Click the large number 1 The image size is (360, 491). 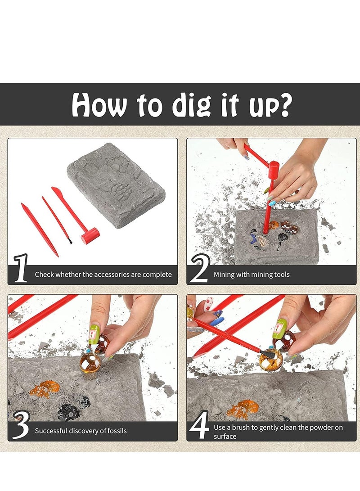click(21, 269)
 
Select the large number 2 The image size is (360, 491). click(199, 269)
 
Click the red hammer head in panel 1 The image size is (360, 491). click(90, 235)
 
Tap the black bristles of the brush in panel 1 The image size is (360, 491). click(70, 241)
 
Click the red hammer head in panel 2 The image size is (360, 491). click(274, 170)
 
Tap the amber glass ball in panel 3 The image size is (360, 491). click(89, 363)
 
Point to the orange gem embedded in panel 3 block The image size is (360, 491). click(45, 388)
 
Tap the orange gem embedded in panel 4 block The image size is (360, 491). click(243, 409)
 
